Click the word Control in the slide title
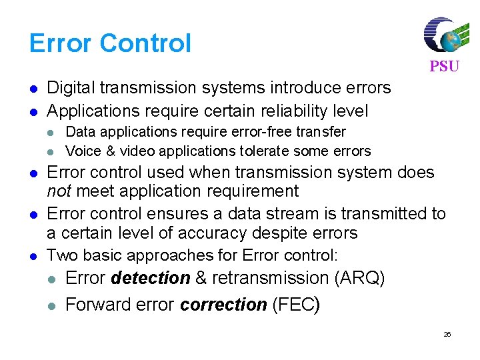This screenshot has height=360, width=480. coord(146,43)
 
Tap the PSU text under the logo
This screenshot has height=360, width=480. coord(444,67)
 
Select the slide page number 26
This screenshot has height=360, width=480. coord(447,334)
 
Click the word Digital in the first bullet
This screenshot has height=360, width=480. coord(71,88)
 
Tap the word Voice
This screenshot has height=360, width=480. coord(81,151)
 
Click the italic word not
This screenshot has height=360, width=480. coord(59,192)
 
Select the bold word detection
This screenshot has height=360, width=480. coord(151,278)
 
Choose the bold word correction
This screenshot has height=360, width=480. coord(223,305)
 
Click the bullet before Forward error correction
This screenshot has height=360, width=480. coord(52,305)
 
